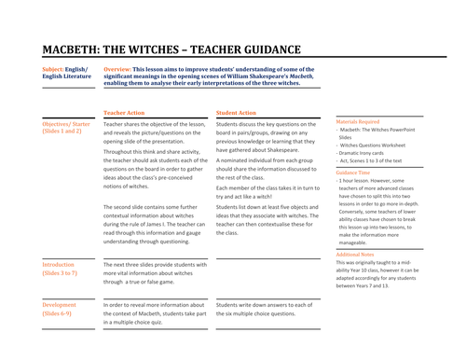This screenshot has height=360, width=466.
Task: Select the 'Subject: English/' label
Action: pos(67,69)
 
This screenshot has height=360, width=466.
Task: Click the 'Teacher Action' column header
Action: pos(130,112)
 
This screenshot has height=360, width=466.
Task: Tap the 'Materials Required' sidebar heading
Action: pos(357,121)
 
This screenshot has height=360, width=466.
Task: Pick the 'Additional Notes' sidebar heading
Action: pos(355,254)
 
